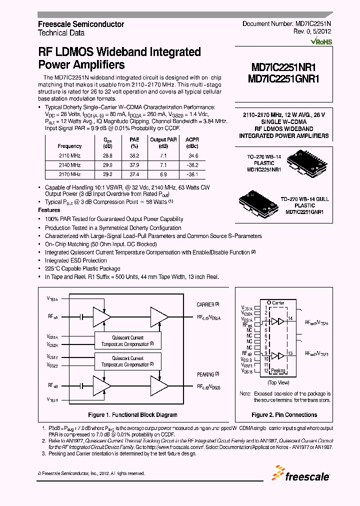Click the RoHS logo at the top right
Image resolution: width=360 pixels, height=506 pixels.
pos(321,42)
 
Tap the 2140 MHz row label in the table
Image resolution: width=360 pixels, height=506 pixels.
pos(69,165)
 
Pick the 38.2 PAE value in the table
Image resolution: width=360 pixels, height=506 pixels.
pos(134,156)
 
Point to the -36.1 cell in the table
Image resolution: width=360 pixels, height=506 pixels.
pos(192,174)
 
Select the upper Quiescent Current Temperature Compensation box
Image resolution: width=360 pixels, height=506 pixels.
pos(128,340)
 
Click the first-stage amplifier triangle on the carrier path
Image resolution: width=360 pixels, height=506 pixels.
pos(103,317)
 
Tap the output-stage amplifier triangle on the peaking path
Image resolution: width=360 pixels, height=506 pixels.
pos(159,386)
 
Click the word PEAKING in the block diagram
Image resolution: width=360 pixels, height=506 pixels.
pos(205,374)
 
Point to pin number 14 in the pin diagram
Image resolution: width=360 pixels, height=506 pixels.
pos(291,319)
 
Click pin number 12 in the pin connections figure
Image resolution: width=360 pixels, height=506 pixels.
pos(267,371)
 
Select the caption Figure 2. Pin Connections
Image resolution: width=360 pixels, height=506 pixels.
pos(284,415)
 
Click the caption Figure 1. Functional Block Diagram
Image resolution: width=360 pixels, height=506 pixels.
pos(132,415)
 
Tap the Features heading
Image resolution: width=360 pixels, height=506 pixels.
pos(49,210)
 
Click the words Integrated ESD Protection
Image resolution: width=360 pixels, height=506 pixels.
pos(75,260)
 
